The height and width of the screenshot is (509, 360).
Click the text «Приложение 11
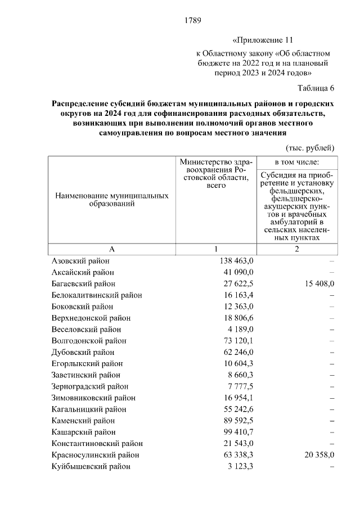tap(263, 41)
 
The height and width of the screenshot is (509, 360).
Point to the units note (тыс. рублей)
tap(310, 148)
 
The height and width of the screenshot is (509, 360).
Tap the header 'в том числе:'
tap(296, 162)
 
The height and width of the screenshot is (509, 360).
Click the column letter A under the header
tap(111, 249)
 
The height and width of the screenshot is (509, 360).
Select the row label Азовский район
tap(80, 261)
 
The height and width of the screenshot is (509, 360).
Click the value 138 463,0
tap(235, 261)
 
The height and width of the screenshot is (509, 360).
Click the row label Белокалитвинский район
tap(96, 295)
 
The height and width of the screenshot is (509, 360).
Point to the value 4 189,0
tap(240, 329)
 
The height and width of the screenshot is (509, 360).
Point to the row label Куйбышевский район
tap(91, 466)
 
